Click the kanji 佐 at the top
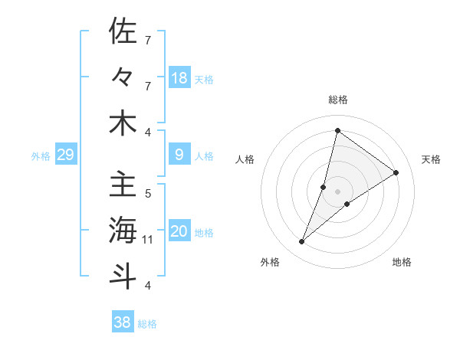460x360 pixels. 123,32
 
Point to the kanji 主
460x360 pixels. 123,185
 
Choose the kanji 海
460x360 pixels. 123,230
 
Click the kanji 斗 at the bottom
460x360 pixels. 123,276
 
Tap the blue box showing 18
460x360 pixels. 179,78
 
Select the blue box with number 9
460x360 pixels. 179,155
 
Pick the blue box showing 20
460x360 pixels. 179,232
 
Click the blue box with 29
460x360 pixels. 65,155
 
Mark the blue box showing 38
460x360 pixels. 123,323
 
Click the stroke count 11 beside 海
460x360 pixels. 149,240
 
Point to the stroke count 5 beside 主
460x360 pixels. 148,194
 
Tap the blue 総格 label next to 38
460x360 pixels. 147,324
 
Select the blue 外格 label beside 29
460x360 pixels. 41,156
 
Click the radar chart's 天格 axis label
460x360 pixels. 432,159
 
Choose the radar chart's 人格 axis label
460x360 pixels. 245,159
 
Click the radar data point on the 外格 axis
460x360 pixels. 302,242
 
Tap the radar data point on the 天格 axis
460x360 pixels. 396,172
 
